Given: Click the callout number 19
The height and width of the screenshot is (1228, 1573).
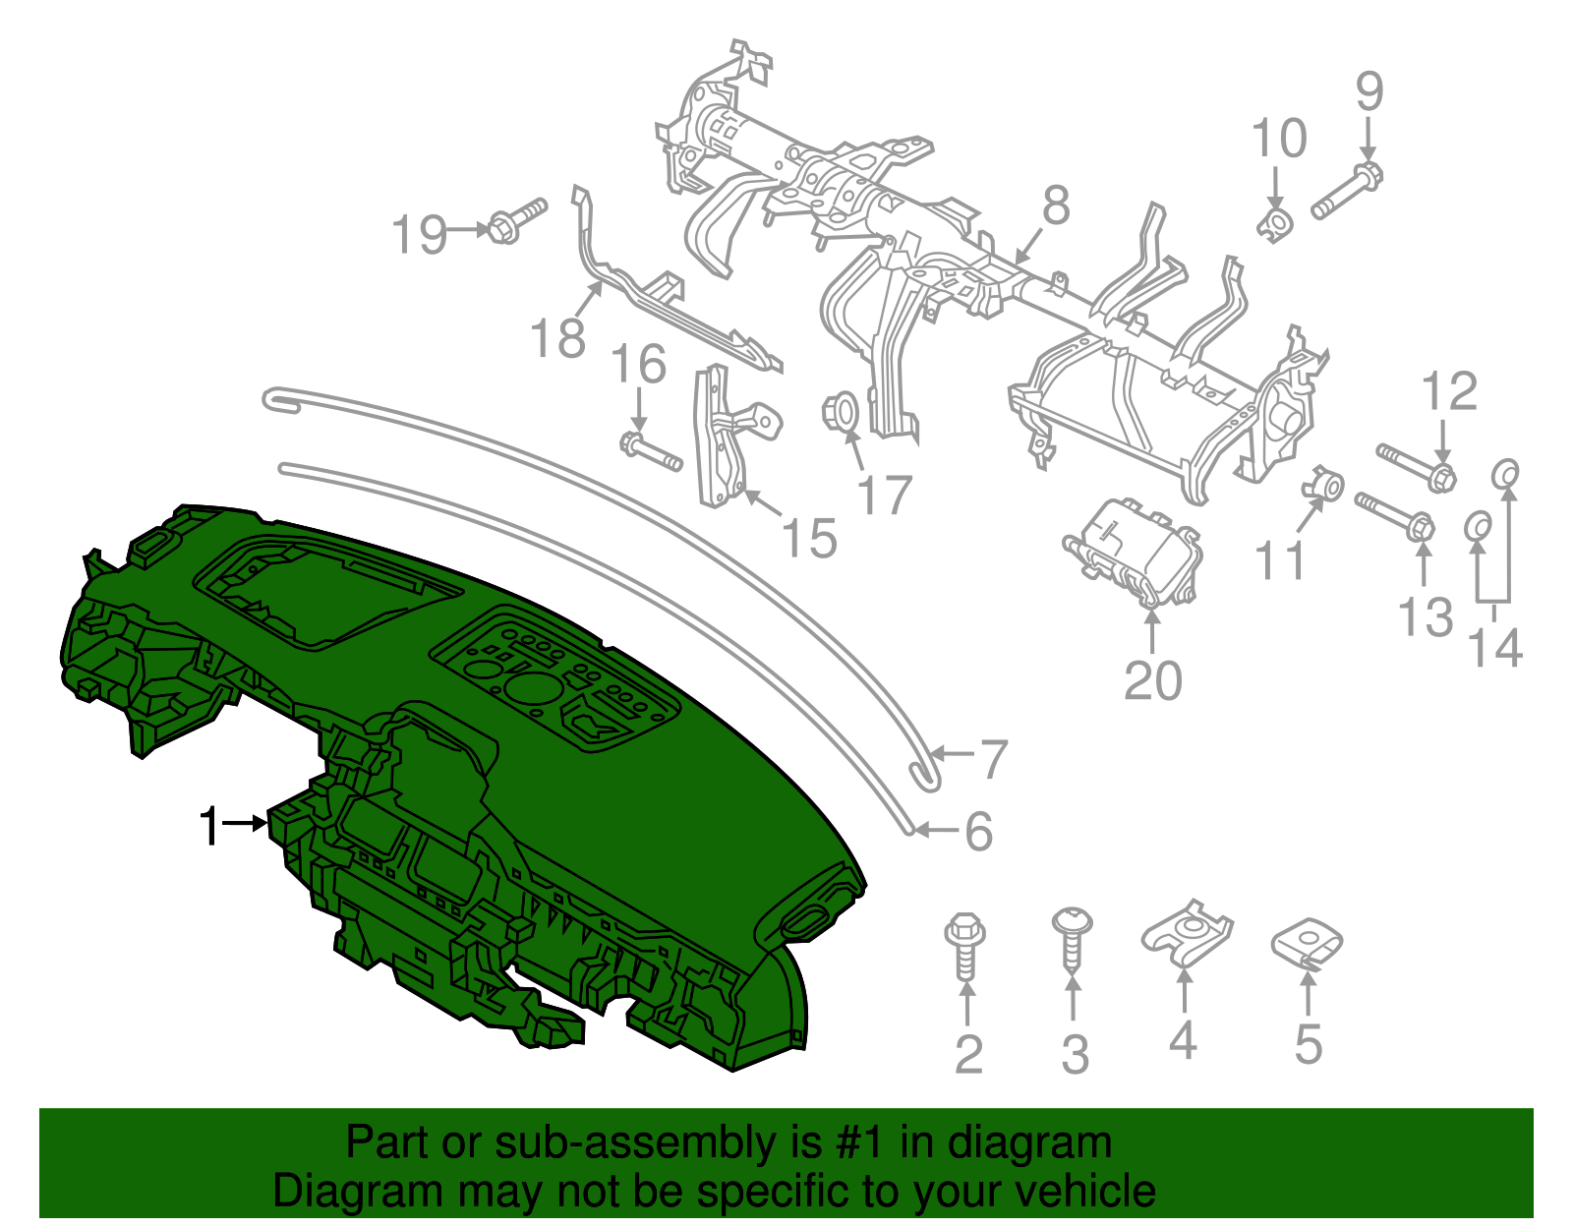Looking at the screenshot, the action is (x=419, y=234).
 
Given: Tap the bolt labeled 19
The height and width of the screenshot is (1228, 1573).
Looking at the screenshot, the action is (x=517, y=220).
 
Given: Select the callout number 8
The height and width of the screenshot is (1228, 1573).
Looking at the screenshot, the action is (x=1056, y=205).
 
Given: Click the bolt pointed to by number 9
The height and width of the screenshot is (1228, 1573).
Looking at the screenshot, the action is (x=1347, y=191).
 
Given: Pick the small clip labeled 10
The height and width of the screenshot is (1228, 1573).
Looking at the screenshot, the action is (x=1275, y=224).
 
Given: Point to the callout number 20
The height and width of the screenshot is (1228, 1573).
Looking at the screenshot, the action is (x=1152, y=680).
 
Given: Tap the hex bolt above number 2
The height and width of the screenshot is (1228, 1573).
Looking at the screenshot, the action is (x=965, y=946).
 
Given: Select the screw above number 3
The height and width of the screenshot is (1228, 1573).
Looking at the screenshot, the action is (x=1072, y=939).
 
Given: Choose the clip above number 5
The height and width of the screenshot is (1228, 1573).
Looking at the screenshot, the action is (x=1307, y=944).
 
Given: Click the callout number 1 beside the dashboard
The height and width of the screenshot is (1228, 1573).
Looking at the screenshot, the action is (x=209, y=827).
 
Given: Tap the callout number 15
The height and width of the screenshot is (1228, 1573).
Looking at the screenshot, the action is (x=809, y=538).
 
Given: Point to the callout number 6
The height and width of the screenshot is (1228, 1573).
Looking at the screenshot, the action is (x=978, y=832).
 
